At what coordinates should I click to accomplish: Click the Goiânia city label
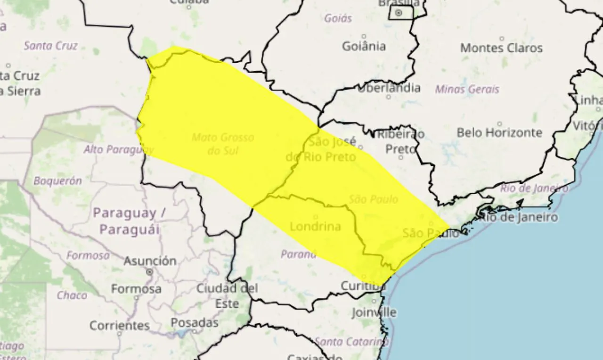pos(364,46)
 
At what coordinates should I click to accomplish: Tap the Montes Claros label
pos(501,48)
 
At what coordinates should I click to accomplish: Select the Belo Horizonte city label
pos(499,133)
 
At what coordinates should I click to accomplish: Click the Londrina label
pos(315,227)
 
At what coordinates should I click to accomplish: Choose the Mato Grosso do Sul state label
pos(223,144)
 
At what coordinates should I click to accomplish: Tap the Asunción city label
pos(150,261)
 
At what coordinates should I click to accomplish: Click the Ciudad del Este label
pos(227,295)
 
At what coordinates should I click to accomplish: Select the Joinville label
pos(374,312)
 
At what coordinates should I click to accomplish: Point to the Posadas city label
pos(195,323)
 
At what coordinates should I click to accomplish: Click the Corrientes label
pos(120,325)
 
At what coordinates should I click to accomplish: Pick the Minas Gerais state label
pos(467,89)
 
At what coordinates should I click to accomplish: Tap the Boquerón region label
pos(57,181)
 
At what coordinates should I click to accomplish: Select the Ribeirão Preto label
pos(400,141)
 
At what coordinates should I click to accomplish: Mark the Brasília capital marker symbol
pos(399,13)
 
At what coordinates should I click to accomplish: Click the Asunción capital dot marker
pos(150,272)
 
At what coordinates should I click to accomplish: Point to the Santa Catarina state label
pos(351,342)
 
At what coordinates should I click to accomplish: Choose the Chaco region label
pos(72,295)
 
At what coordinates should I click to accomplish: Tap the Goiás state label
pos(338,19)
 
